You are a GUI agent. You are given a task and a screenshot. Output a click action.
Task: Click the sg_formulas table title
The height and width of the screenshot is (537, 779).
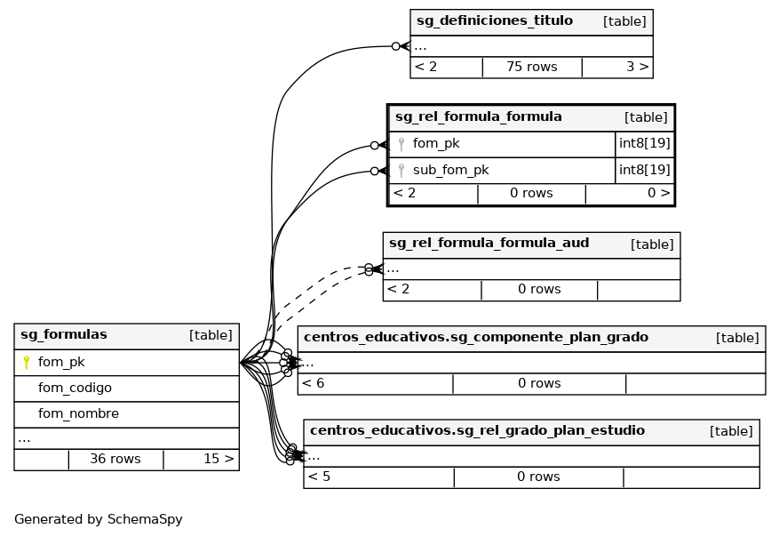64,335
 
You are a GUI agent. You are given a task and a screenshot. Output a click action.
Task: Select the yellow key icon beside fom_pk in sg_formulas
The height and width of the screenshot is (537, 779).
27,363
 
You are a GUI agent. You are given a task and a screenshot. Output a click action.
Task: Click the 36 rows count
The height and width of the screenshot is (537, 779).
115,460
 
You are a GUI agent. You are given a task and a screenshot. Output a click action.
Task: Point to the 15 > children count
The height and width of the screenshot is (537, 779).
219,460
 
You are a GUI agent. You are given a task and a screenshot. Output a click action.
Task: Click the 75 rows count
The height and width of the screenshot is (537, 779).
532,67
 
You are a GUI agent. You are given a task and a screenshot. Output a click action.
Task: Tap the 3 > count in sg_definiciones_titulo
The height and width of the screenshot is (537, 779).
637,67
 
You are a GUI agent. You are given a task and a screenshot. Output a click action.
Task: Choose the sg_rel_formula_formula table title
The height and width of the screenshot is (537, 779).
479,117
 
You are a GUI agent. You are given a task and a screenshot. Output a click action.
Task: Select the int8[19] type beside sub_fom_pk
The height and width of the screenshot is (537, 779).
644,171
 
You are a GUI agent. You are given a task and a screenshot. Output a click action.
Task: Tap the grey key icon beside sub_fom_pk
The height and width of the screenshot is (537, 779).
401,171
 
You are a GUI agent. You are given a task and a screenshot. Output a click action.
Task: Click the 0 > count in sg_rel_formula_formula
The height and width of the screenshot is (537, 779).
658,193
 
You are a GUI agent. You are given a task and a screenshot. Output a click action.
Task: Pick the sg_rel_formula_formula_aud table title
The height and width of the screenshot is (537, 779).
489,244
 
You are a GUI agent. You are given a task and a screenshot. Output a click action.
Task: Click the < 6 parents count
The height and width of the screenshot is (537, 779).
314,384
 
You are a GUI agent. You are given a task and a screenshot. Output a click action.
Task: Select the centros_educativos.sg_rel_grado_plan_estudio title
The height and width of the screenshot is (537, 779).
477,431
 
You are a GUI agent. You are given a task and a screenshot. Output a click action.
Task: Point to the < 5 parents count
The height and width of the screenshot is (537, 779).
319,477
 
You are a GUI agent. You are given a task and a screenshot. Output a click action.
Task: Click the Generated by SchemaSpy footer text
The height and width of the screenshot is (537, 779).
99,520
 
